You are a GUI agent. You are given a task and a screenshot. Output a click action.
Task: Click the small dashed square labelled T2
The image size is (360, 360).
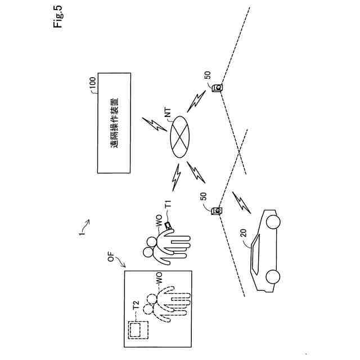click(137, 329)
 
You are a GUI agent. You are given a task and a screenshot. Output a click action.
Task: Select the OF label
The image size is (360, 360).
click(111, 259)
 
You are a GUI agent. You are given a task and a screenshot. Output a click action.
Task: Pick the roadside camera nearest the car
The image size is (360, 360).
click(215, 211)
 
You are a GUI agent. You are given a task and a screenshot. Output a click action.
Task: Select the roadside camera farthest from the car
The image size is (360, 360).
click(216, 88)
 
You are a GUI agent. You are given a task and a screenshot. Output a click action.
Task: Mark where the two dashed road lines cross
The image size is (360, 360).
click(240, 151)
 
